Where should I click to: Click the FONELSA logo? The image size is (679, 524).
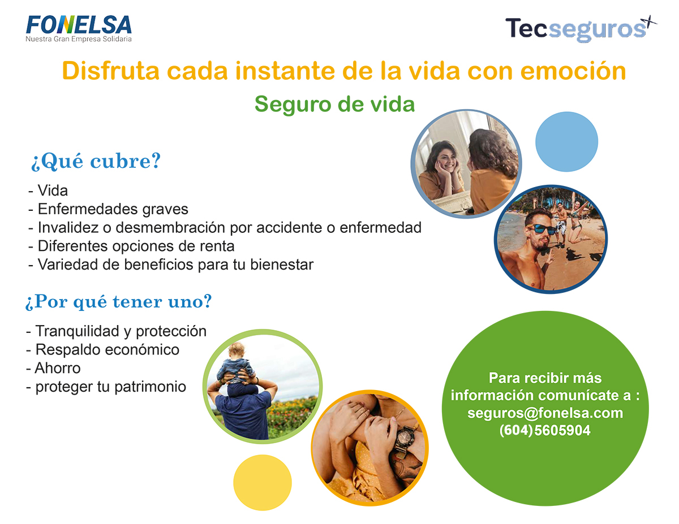(79, 28)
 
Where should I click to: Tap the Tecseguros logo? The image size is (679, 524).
(581, 28)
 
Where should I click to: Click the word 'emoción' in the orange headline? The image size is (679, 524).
(573, 71)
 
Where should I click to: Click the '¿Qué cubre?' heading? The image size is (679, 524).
(96, 162)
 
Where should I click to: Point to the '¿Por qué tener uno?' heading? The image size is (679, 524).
(118, 302)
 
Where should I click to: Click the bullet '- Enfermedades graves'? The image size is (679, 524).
(108, 209)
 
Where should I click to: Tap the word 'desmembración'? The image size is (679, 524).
(171, 227)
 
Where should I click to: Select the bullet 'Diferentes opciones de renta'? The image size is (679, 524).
(131, 246)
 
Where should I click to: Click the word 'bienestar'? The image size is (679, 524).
(282, 265)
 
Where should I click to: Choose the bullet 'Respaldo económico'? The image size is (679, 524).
(102, 350)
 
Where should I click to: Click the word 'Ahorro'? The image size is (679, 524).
(58, 368)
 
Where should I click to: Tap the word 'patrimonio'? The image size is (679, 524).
(151, 387)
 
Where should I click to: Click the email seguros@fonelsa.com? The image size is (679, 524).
(545, 413)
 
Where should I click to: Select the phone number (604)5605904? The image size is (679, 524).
(545, 430)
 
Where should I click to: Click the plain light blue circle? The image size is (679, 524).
(566, 142)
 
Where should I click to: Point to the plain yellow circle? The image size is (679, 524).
(263, 483)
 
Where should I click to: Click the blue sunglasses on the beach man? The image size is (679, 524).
(541, 229)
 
